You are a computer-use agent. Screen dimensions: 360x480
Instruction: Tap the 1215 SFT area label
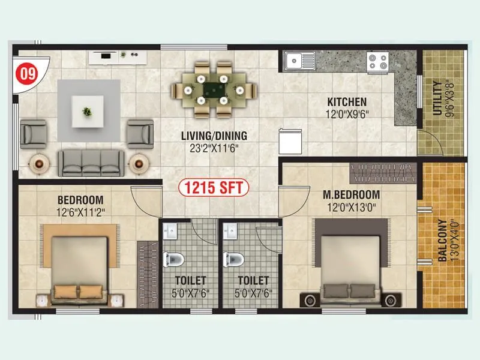pyautogui.click(x=214, y=188)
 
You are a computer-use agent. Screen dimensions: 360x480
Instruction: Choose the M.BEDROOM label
pyautogui.click(x=351, y=194)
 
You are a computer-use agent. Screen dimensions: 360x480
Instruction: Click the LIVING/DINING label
pyautogui.click(x=214, y=136)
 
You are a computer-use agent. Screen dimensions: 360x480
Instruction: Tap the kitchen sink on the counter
pyautogui.click(x=300, y=61)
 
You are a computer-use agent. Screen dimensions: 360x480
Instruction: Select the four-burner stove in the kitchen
pyautogui.click(x=378, y=61)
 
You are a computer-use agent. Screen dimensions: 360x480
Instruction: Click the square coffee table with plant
pyautogui.click(x=88, y=111)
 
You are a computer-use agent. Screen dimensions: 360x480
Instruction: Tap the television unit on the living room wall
pyautogui.click(x=118, y=57)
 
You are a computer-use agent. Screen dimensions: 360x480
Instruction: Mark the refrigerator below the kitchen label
pyautogui.click(x=290, y=142)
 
